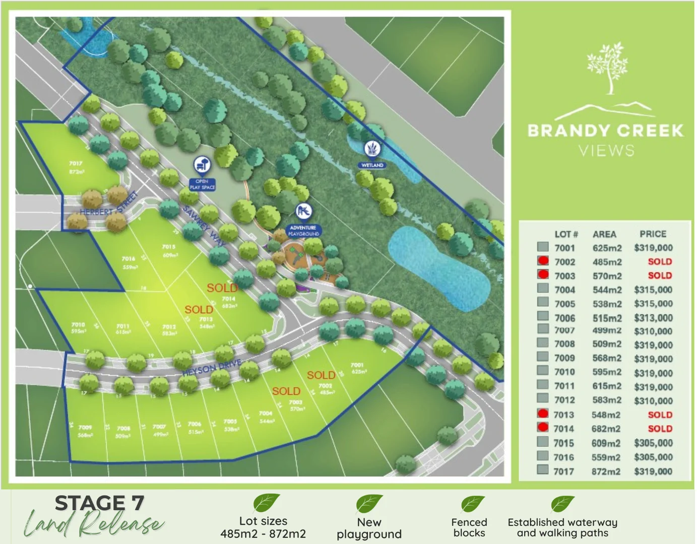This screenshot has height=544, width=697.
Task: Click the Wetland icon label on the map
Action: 372,165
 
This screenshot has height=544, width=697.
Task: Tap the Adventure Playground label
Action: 303,231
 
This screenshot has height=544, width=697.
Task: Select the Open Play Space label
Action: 202,184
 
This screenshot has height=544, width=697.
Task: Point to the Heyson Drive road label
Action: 212,368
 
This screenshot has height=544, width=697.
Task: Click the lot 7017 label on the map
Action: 76,163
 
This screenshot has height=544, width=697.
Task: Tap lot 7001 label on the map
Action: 357,365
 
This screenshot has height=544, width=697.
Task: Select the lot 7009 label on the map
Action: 85,428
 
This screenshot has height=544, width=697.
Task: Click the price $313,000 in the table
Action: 653,318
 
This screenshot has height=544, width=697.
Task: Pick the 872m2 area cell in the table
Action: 606,471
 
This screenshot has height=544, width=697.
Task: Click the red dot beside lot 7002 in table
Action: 543,261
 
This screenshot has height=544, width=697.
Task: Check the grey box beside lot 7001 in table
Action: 543,247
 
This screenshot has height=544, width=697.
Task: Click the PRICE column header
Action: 653,234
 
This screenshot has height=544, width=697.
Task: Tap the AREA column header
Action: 604,234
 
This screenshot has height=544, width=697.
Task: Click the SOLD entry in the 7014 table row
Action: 660,429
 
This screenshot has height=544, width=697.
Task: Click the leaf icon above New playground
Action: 369,503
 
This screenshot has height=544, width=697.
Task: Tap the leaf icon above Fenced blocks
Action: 472,504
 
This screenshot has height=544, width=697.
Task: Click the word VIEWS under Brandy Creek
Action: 606,151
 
